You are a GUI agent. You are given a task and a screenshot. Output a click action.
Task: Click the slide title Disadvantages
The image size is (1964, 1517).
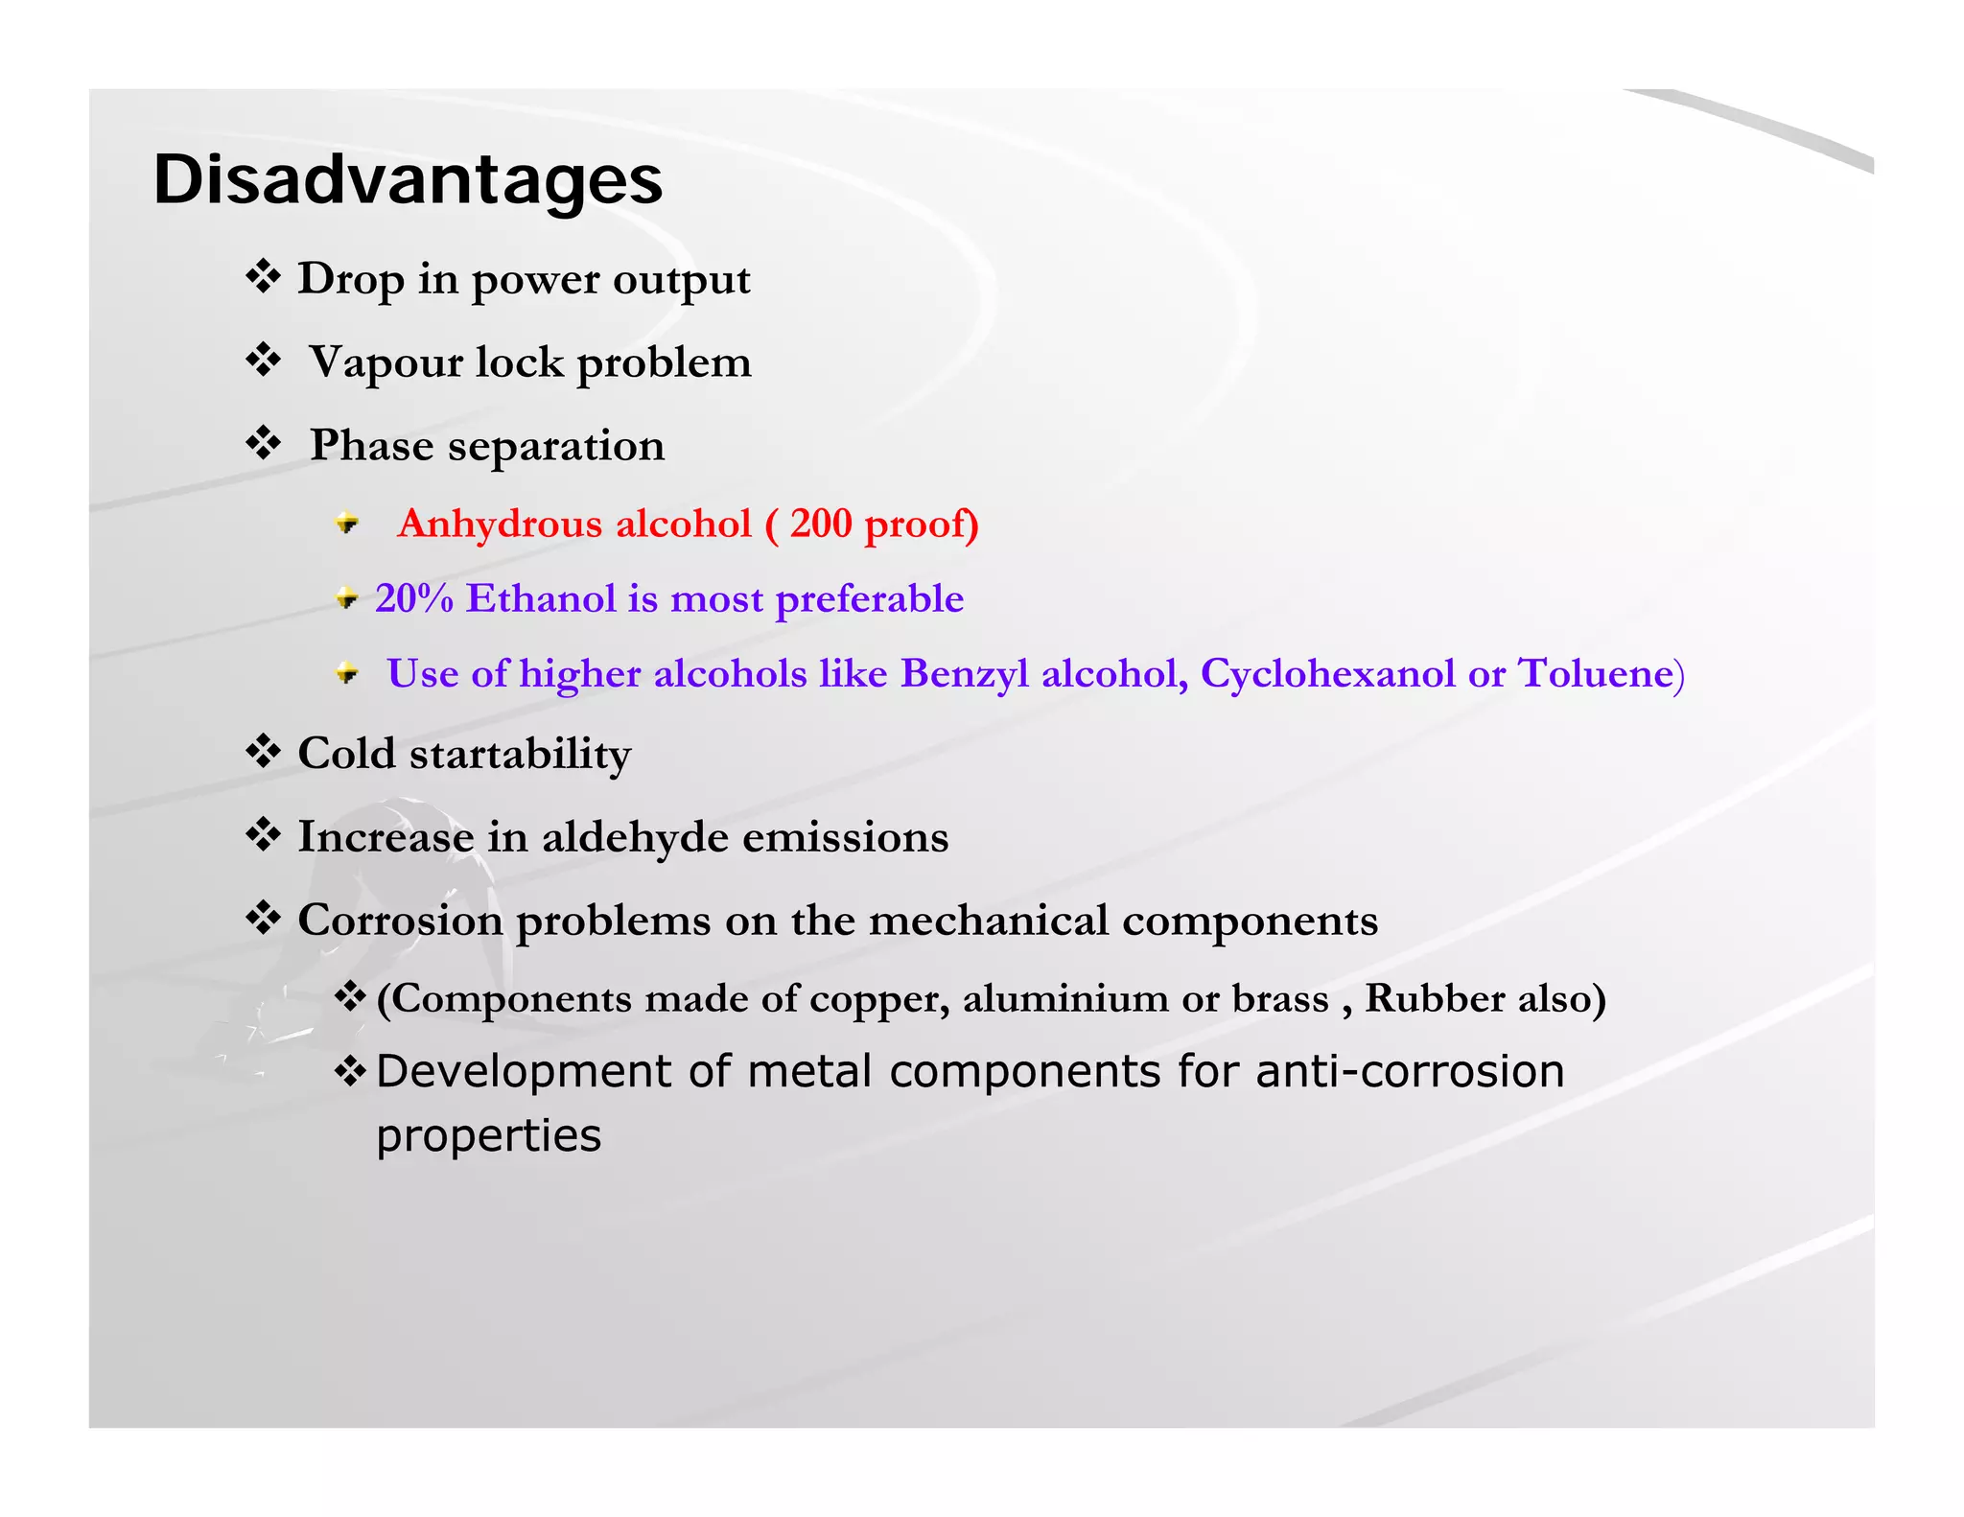click(408, 180)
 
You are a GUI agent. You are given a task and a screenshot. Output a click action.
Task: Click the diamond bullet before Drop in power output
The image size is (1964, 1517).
click(263, 277)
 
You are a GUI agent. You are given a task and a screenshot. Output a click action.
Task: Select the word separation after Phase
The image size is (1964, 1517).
click(556, 446)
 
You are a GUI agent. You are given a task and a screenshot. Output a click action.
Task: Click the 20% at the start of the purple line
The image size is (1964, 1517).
click(413, 598)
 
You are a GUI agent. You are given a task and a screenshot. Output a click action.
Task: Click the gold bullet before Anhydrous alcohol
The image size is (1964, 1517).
click(347, 524)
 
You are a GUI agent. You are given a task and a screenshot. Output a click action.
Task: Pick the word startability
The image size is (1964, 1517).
click(520, 754)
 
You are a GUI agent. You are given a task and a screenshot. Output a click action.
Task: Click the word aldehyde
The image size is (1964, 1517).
click(635, 836)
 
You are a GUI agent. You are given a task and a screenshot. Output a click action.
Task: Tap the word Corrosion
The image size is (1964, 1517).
click(400, 921)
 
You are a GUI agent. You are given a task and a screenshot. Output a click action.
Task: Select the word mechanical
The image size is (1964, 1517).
click(988, 921)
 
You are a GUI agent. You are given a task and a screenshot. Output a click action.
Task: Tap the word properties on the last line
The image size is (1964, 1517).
click(488, 1136)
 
